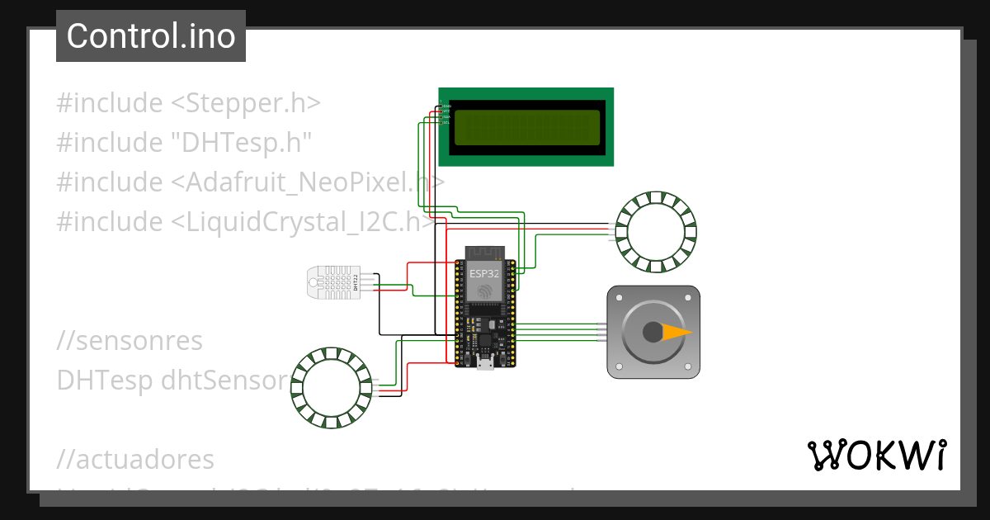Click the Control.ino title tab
pyautogui.click(x=151, y=36)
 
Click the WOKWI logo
pyautogui.click(x=875, y=455)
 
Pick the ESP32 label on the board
pyautogui.click(x=483, y=272)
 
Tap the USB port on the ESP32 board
pyautogui.click(x=486, y=363)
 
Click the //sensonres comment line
pyautogui.click(x=130, y=340)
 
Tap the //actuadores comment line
pyautogui.click(x=135, y=459)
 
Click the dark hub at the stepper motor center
pyautogui.click(x=653, y=332)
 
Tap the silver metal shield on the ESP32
pyautogui.click(x=485, y=280)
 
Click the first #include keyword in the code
pyautogui.click(x=109, y=103)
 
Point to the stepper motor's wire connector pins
pyautogui.click(x=602, y=332)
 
